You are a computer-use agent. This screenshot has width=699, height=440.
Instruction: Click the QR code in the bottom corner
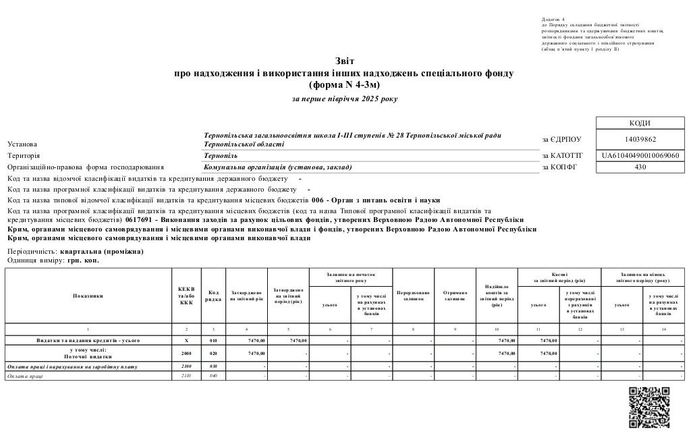(x=649, y=406)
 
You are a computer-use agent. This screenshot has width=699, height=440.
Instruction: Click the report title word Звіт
(x=344, y=61)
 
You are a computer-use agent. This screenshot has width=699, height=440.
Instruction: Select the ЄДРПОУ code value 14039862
(x=640, y=140)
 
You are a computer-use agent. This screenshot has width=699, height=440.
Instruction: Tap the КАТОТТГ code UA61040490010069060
(x=640, y=155)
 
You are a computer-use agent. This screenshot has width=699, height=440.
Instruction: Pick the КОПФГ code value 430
(x=640, y=167)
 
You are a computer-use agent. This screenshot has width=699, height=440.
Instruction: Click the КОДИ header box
(x=640, y=123)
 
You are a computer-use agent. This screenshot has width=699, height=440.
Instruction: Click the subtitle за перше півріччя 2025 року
(x=344, y=99)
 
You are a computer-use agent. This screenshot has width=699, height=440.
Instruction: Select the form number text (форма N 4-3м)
(x=344, y=85)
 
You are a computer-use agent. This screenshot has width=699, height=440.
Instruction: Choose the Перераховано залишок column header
(x=413, y=296)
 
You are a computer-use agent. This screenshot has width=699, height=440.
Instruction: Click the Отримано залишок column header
(x=455, y=296)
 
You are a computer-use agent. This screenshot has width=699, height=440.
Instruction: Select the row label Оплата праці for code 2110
(x=25, y=375)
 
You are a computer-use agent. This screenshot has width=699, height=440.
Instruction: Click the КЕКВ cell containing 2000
(x=186, y=353)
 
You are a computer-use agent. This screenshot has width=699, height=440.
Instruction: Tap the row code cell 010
(x=213, y=340)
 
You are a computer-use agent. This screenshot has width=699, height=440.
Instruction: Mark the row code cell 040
(x=213, y=375)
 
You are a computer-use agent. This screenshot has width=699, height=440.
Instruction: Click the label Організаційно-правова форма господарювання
(x=86, y=167)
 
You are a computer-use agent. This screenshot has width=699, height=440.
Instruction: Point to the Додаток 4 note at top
(x=553, y=20)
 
